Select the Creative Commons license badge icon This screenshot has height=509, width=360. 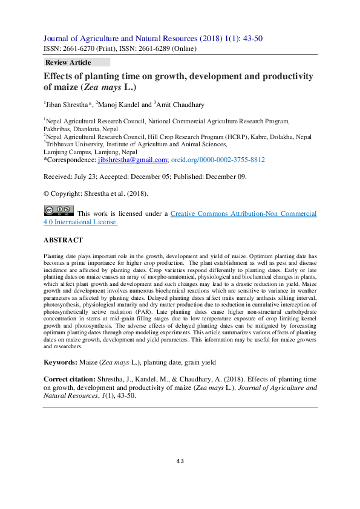(x=59, y=210)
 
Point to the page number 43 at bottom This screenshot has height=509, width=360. (x=180, y=461)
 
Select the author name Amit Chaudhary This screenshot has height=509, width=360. (x=180, y=105)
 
